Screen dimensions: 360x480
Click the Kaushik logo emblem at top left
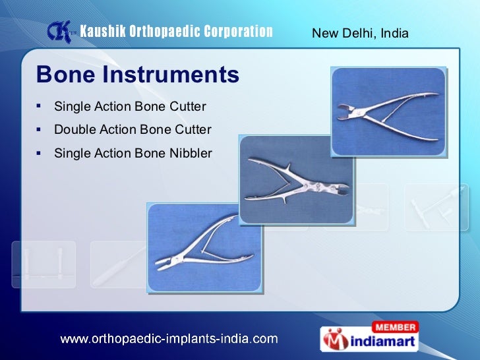click(x=59, y=32)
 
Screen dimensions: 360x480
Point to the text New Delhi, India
click(x=360, y=32)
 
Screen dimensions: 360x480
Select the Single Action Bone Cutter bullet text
click(x=130, y=106)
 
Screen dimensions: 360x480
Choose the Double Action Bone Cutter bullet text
click(x=133, y=130)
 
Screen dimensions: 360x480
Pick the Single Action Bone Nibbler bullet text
click(x=133, y=153)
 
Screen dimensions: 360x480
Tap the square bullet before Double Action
click(x=40, y=129)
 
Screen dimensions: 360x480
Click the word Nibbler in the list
click(x=190, y=153)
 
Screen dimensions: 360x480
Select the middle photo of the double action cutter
click(x=296, y=179)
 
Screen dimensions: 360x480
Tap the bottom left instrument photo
click(x=205, y=248)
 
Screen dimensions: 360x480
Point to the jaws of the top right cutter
click(x=347, y=110)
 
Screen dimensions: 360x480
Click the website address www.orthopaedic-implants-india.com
click(x=169, y=339)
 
